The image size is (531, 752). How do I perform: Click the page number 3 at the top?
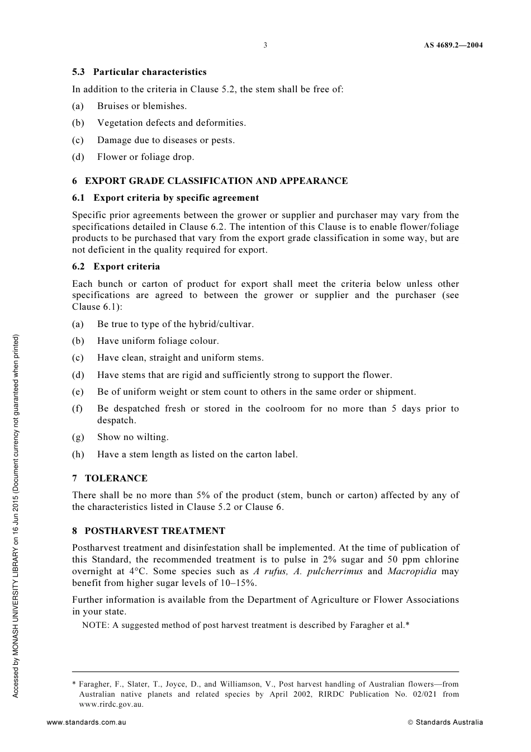(x=265, y=45)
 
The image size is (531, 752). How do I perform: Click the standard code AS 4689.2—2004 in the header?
(x=453, y=45)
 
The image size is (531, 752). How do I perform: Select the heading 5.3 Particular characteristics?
(x=139, y=72)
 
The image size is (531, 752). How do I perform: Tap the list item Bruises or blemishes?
(x=142, y=106)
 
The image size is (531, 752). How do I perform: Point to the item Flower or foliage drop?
(x=145, y=157)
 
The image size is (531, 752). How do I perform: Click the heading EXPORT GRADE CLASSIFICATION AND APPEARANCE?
(x=216, y=181)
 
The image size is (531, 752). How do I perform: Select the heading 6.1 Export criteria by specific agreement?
(x=165, y=197)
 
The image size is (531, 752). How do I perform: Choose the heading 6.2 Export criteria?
(x=116, y=266)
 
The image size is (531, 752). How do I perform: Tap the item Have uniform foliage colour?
(x=158, y=340)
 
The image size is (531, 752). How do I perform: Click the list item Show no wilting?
(x=132, y=437)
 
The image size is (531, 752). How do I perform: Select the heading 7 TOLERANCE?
(x=110, y=478)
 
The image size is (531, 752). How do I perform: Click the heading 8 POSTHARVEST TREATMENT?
(x=149, y=531)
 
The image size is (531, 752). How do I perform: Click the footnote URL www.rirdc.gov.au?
(x=111, y=704)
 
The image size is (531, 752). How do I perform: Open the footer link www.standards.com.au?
(x=86, y=722)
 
